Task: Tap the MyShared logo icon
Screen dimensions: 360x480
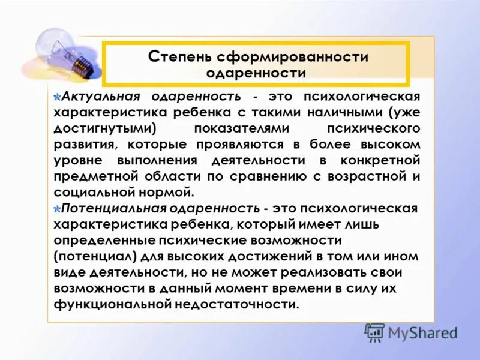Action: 375,332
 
